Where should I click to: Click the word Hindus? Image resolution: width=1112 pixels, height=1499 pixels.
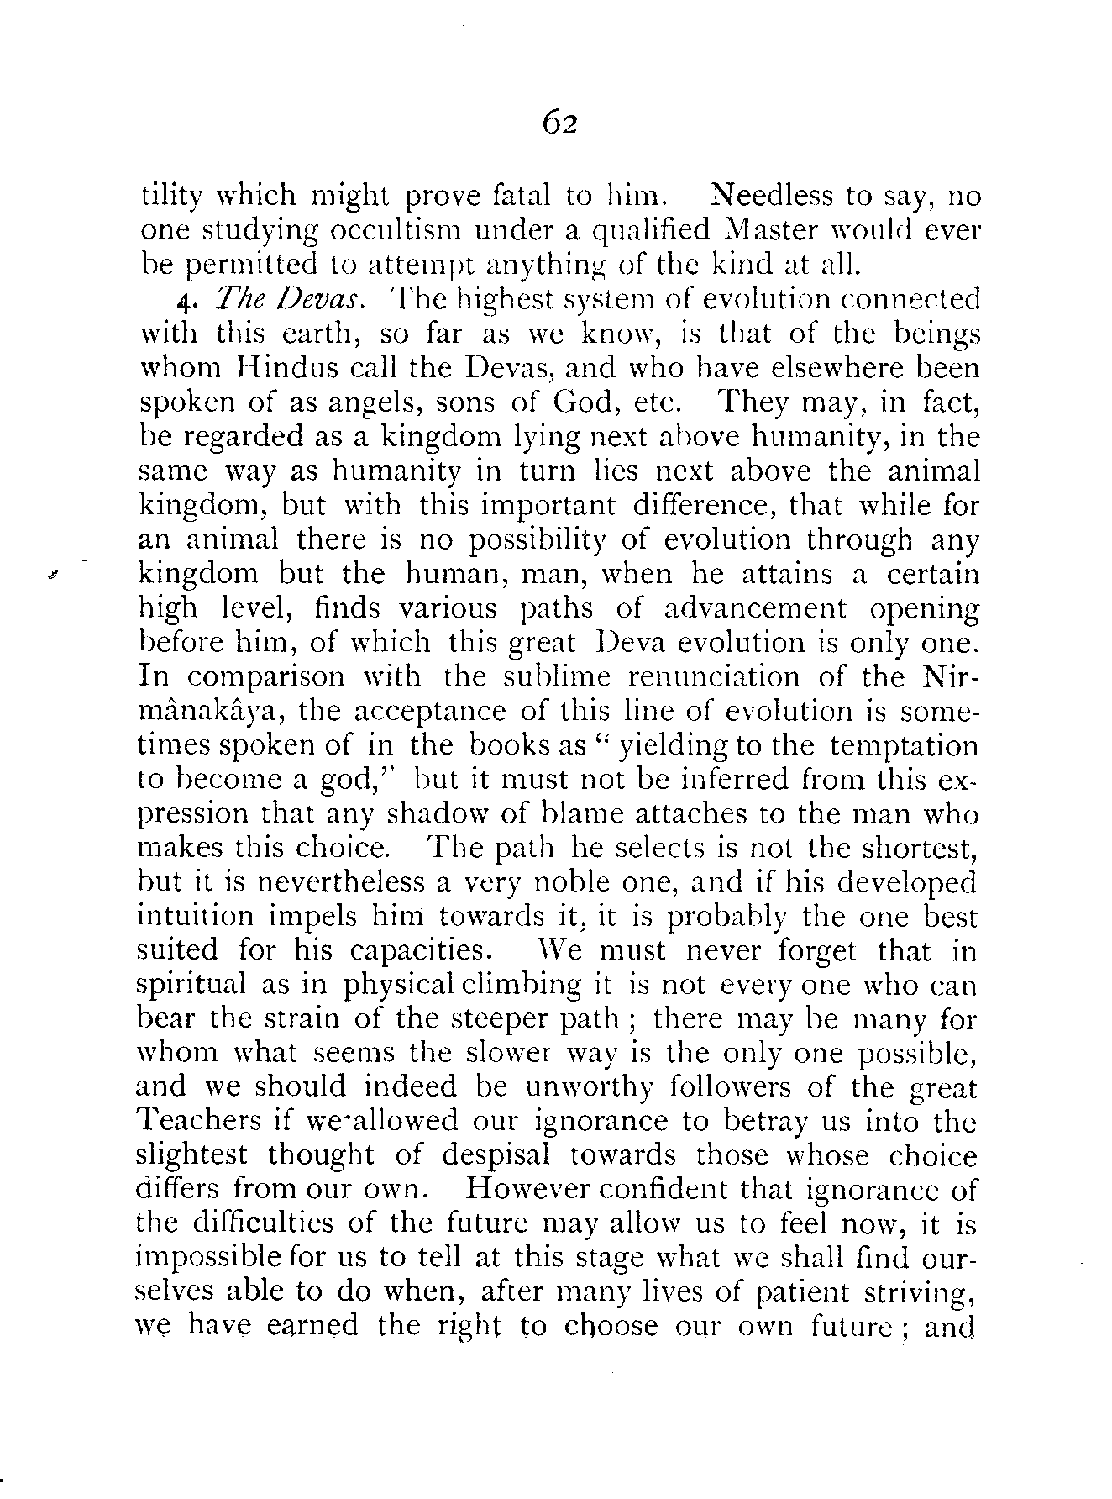(279, 369)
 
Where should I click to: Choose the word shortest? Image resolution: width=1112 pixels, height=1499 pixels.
(921, 848)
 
